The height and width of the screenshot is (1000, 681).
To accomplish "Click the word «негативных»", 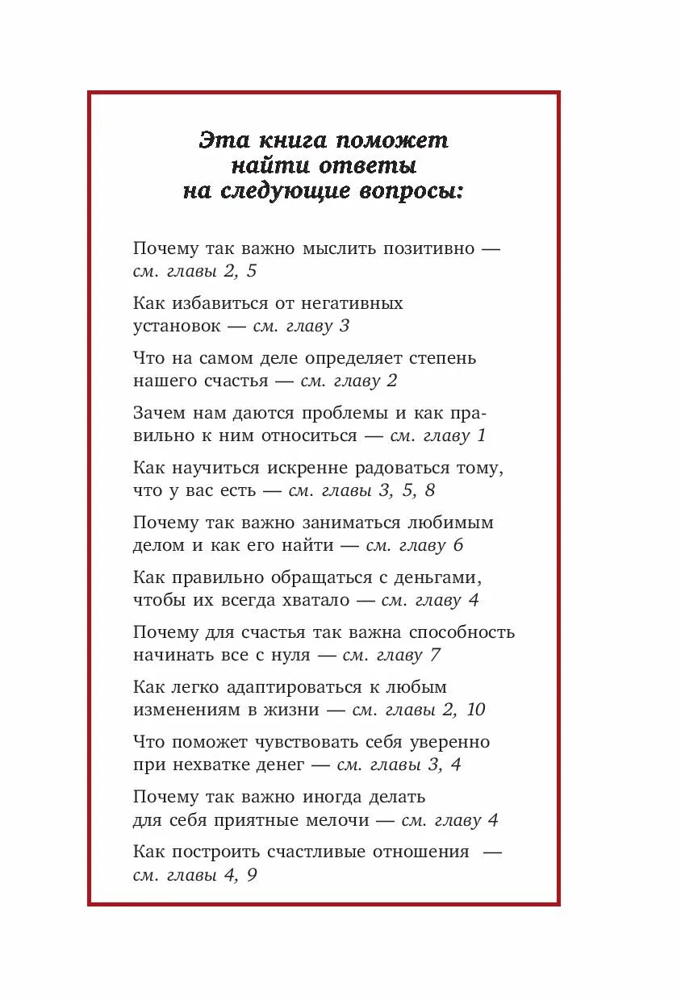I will (x=352, y=303).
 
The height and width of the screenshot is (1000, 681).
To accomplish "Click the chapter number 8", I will (x=429, y=490).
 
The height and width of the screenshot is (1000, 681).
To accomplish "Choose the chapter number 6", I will (x=457, y=545).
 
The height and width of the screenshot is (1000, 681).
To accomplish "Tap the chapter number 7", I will (x=435, y=655).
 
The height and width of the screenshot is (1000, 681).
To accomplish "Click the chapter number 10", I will (x=475, y=710).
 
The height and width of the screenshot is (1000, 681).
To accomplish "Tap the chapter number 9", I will (x=252, y=875).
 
